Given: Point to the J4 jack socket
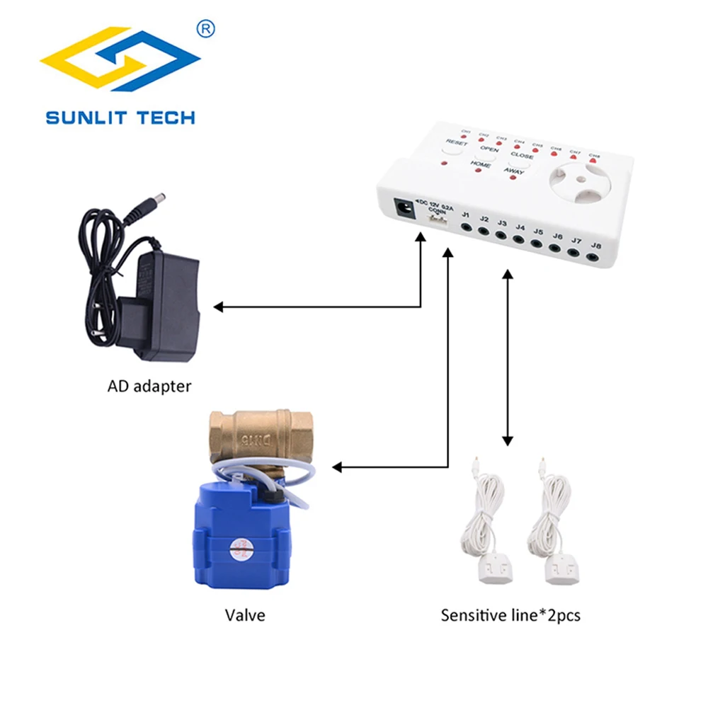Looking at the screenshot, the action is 519,241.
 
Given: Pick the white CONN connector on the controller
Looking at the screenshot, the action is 435,220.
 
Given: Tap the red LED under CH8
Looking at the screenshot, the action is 592,162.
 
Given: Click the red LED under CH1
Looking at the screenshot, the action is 466,138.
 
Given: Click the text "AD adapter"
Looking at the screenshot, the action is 149,387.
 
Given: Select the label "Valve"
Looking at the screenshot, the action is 245,615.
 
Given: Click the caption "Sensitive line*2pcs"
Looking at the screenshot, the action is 510,615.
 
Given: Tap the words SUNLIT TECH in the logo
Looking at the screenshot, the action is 120,117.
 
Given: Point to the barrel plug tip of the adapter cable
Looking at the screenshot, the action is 161,195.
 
